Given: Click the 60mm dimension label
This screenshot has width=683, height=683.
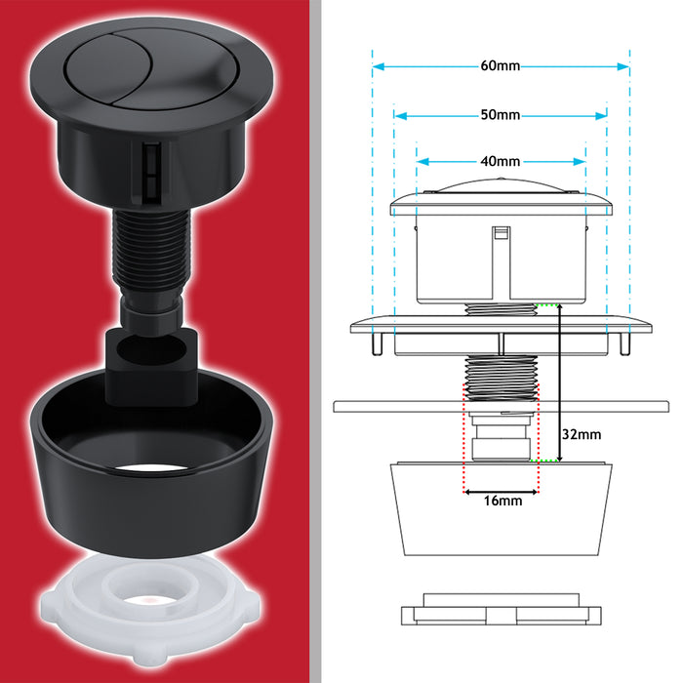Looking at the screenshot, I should coord(501,66).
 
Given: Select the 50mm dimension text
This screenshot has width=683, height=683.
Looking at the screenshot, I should coord(501,114).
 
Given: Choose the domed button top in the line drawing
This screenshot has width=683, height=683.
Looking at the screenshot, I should coord(501,189).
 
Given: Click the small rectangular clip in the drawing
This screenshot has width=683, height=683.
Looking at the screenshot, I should coord(501,234).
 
